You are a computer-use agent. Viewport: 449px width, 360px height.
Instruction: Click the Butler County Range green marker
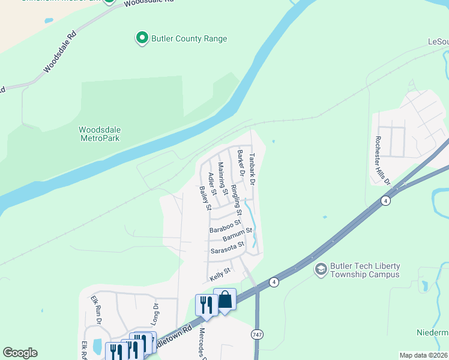pyautogui.click(x=142, y=38)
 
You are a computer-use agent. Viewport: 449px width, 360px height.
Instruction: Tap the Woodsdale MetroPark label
pyautogui.click(x=100, y=133)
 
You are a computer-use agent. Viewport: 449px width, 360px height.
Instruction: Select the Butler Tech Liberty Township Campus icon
pyautogui.click(x=321, y=269)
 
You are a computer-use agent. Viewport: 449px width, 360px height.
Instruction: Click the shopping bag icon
pyautogui.click(x=224, y=299)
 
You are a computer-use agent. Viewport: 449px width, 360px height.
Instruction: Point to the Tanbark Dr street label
pyautogui.click(x=253, y=169)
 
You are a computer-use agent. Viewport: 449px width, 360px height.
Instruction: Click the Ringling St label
pyautogui.click(x=236, y=200)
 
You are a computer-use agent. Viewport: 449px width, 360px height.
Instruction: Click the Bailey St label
pyautogui.click(x=205, y=198)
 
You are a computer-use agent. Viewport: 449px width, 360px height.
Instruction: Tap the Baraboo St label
pyautogui.click(x=225, y=227)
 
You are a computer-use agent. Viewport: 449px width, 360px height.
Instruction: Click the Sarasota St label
pyautogui.click(x=228, y=247)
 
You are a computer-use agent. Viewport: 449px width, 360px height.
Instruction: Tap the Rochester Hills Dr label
pyautogui.click(x=382, y=161)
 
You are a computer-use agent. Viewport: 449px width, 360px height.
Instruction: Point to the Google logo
pyautogui.click(x=20, y=352)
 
